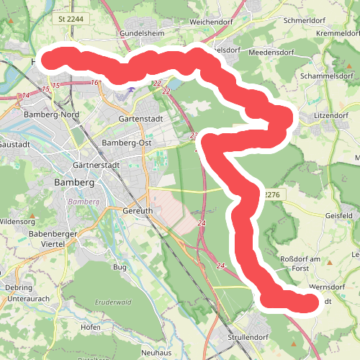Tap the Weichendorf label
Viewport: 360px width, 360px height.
(214, 22)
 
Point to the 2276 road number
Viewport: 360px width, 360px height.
(270, 194)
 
